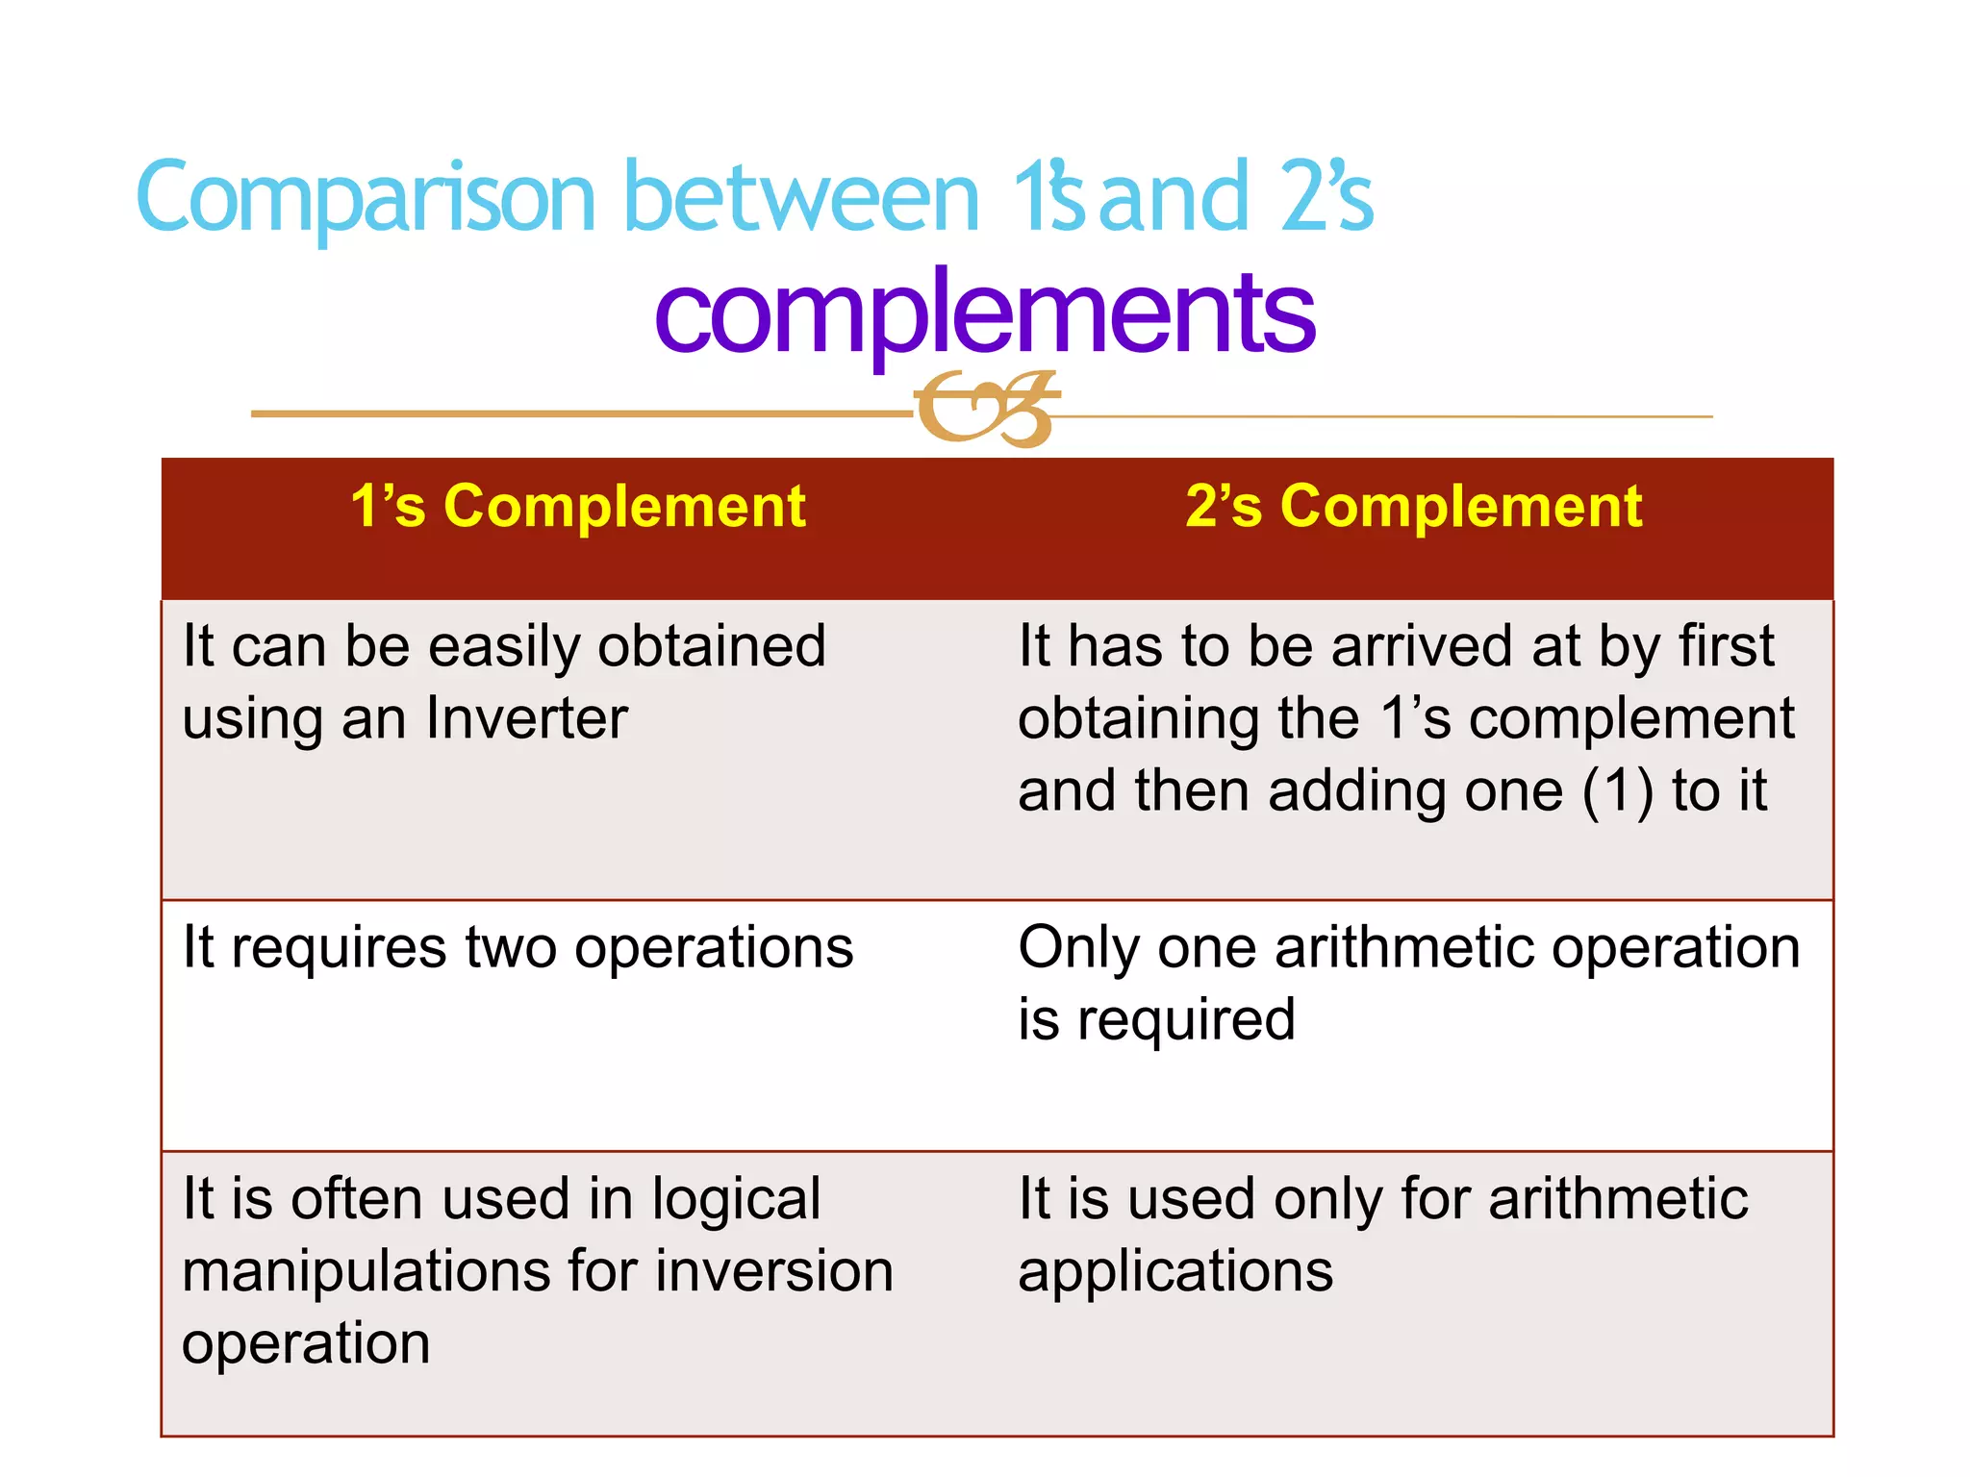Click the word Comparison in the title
[x=366, y=198]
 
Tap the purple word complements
[x=984, y=312]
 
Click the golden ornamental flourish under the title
[x=985, y=410]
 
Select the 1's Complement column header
[x=578, y=507]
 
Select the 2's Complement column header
[x=1413, y=507]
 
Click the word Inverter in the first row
[x=527, y=719]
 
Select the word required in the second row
[x=1186, y=1020]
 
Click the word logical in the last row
[x=736, y=1200]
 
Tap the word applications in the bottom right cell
[x=1175, y=1272]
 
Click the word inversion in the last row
[x=774, y=1272]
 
